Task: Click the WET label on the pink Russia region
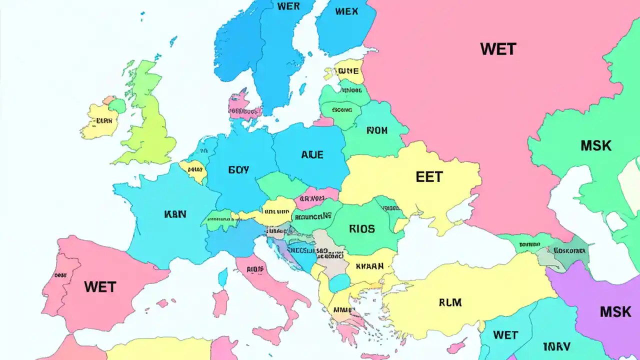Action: pos(498,49)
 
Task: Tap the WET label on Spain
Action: pos(100,287)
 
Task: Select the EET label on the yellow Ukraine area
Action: pos(429,176)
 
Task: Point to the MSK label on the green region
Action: pos(596,146)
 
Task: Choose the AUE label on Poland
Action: pos(312,155)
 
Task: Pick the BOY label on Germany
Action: pos(238,170)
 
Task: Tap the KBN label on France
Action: pos(175,214)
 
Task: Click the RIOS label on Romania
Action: pos(361,229)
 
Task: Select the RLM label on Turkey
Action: pos(450,302)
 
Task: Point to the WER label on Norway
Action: pos(288,6)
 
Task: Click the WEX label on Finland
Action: pos(346,11)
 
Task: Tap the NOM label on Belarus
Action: pos(377,131)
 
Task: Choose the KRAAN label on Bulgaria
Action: pos(370,266)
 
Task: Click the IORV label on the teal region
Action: pos(556,346)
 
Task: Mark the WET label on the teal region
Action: pos(505,335)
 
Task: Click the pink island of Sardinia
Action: pos(220,303)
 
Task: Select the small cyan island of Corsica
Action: pos(223,276)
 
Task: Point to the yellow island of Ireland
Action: pos(100,121)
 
